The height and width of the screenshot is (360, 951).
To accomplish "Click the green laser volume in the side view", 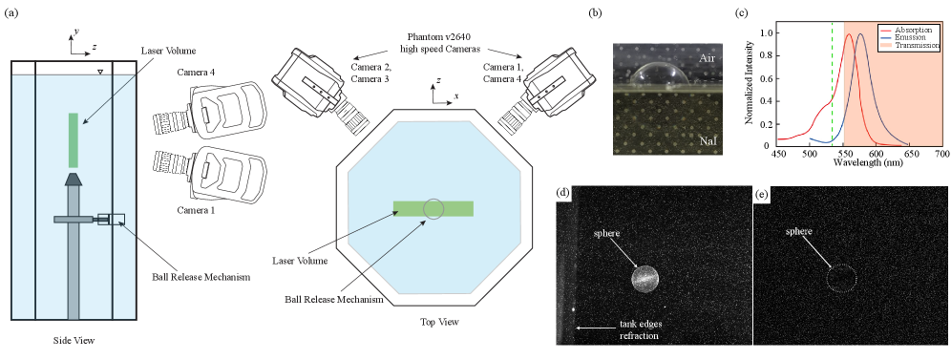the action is click(73, 140).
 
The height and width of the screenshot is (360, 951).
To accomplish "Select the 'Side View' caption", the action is click(73, 340).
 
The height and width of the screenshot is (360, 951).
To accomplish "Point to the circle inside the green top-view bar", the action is click(433, 208).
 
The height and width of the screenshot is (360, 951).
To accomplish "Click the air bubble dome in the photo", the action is click(659, 74).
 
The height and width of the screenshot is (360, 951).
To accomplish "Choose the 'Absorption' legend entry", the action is click(914, 29).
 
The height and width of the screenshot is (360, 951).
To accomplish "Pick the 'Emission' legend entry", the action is click(911, 36).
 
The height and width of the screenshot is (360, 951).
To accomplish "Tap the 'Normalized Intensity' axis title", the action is click(749, 82).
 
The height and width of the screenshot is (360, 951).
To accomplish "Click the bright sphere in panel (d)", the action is click(645, 279).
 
